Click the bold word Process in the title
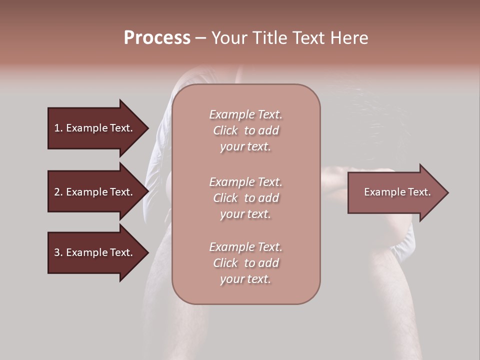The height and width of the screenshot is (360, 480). point(157,38)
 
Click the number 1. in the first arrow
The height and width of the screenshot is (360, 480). point(58,128)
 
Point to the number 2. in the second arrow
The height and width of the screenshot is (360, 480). point(58,192)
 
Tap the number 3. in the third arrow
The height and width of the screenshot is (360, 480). point(58,252)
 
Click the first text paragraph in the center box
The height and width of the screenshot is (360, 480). point(245,130)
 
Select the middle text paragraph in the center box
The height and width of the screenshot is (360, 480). point(245,198)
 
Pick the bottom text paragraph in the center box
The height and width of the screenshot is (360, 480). point(245,263)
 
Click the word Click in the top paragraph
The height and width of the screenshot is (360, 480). point(225,130)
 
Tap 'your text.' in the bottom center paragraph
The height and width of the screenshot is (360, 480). point(245,279)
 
